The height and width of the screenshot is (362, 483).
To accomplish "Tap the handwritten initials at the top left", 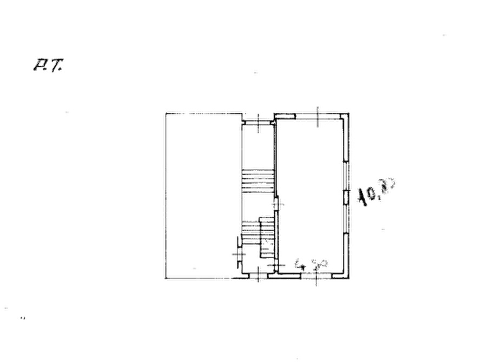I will click(x=49, y=65).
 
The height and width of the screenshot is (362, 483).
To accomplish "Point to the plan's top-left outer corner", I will click(x=163, y=111).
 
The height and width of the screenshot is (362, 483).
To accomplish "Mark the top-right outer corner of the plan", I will click(x=352, y=111).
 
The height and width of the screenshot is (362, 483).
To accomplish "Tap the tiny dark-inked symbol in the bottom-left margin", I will click(x=23, y=318).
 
